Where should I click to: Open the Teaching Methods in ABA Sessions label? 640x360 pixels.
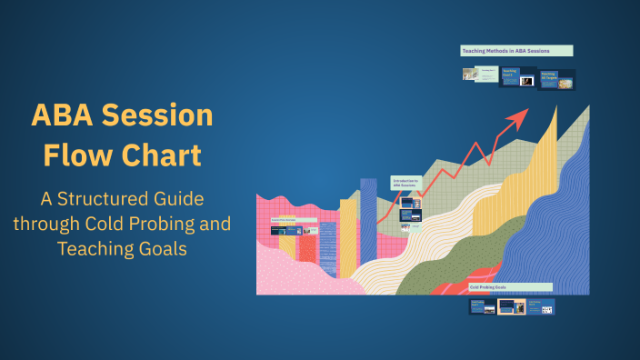click(516, 51)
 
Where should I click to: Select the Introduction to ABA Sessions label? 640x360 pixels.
click(405, 183)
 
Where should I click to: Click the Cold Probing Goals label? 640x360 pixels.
click(509, 286)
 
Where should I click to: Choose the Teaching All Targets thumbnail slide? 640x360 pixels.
click(557, 80)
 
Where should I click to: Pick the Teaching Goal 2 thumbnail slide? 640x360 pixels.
click(516, 77)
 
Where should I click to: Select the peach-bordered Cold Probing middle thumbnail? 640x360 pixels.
click(511, 307)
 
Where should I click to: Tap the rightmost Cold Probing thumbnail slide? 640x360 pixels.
click(541, 307)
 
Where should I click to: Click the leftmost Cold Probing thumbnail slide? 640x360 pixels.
click(482, 307)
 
